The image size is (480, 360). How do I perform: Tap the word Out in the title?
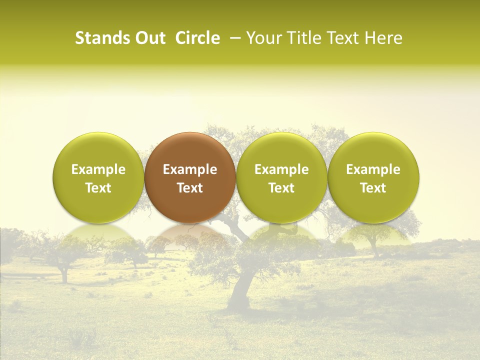(149, 38)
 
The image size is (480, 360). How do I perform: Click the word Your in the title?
(263, 38)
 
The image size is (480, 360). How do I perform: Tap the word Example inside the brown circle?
(190, 169)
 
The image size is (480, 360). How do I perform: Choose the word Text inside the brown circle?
(190, 188)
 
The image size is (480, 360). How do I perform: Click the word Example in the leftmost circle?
(98, 169)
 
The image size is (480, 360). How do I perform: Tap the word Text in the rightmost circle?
(373, 188)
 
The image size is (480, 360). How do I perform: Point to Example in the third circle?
(281, 169)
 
